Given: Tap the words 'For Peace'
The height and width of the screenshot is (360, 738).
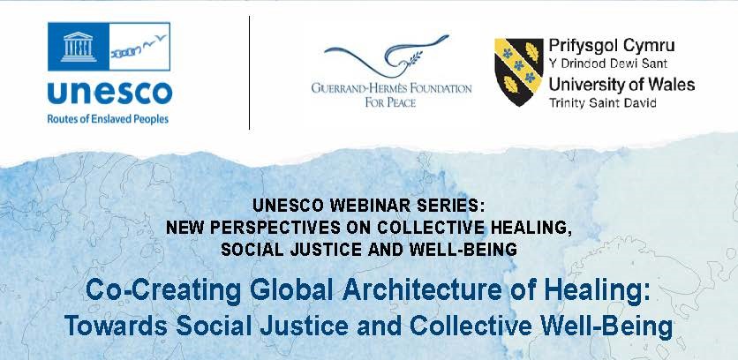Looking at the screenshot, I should click(391, 102).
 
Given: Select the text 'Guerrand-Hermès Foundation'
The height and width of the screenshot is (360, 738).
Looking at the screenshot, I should click(391, 88).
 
